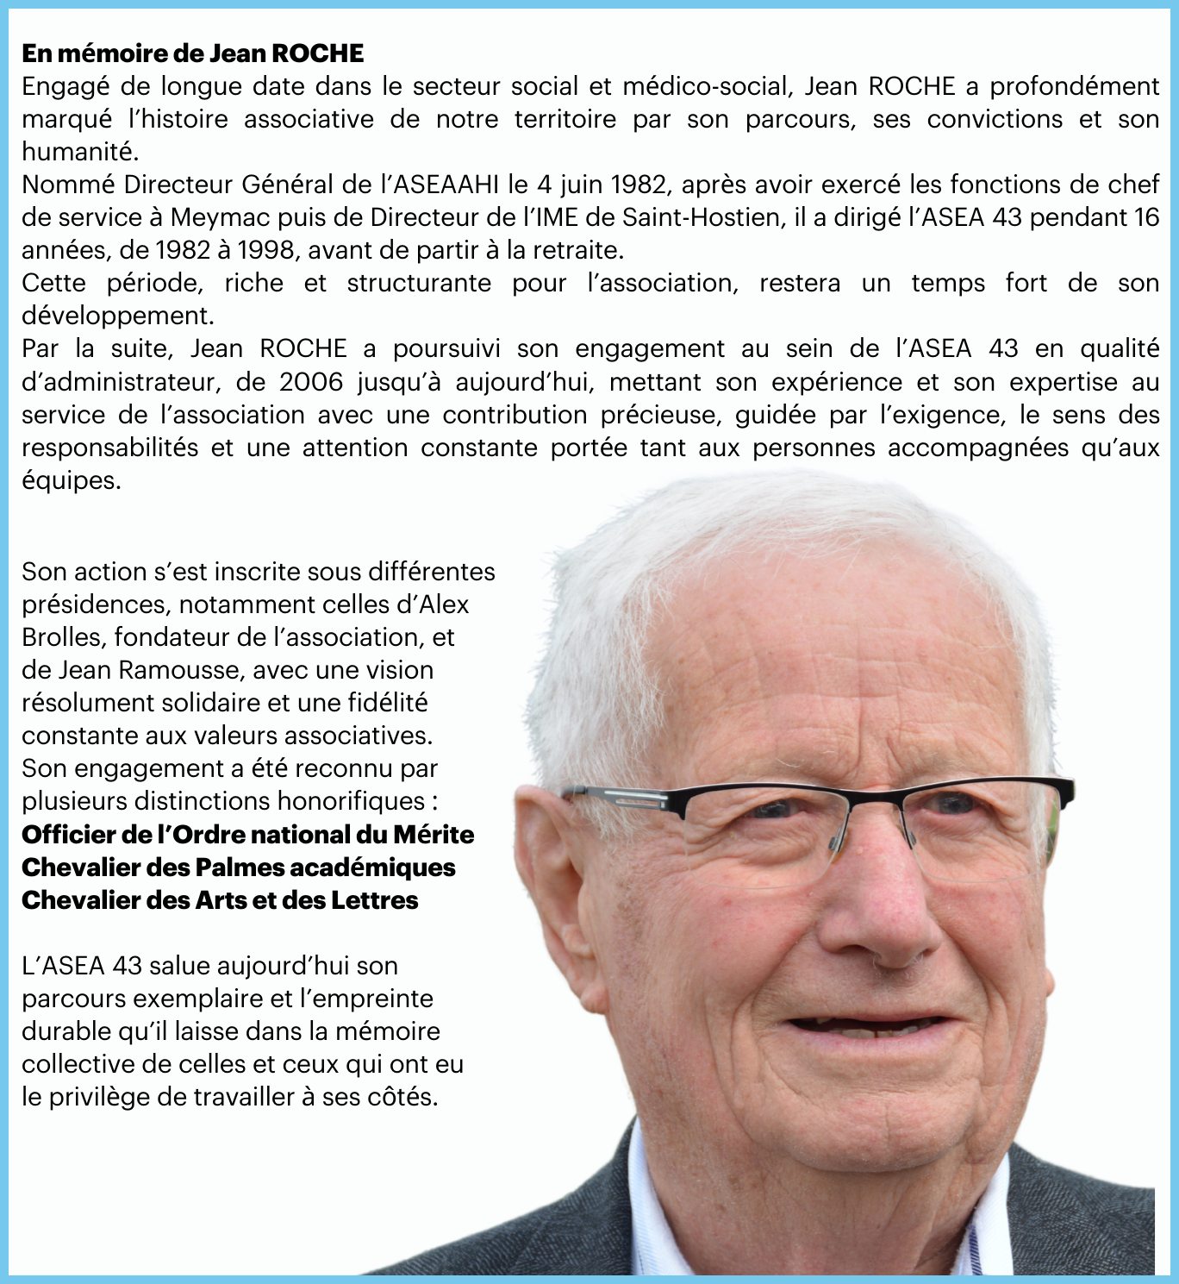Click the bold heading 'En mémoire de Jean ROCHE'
(x=192, y=53)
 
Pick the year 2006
(x=310, y=382)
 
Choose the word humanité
(x=79, y=152)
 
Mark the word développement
(x=117, y=316)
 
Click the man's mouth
(x=870, y=1026)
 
